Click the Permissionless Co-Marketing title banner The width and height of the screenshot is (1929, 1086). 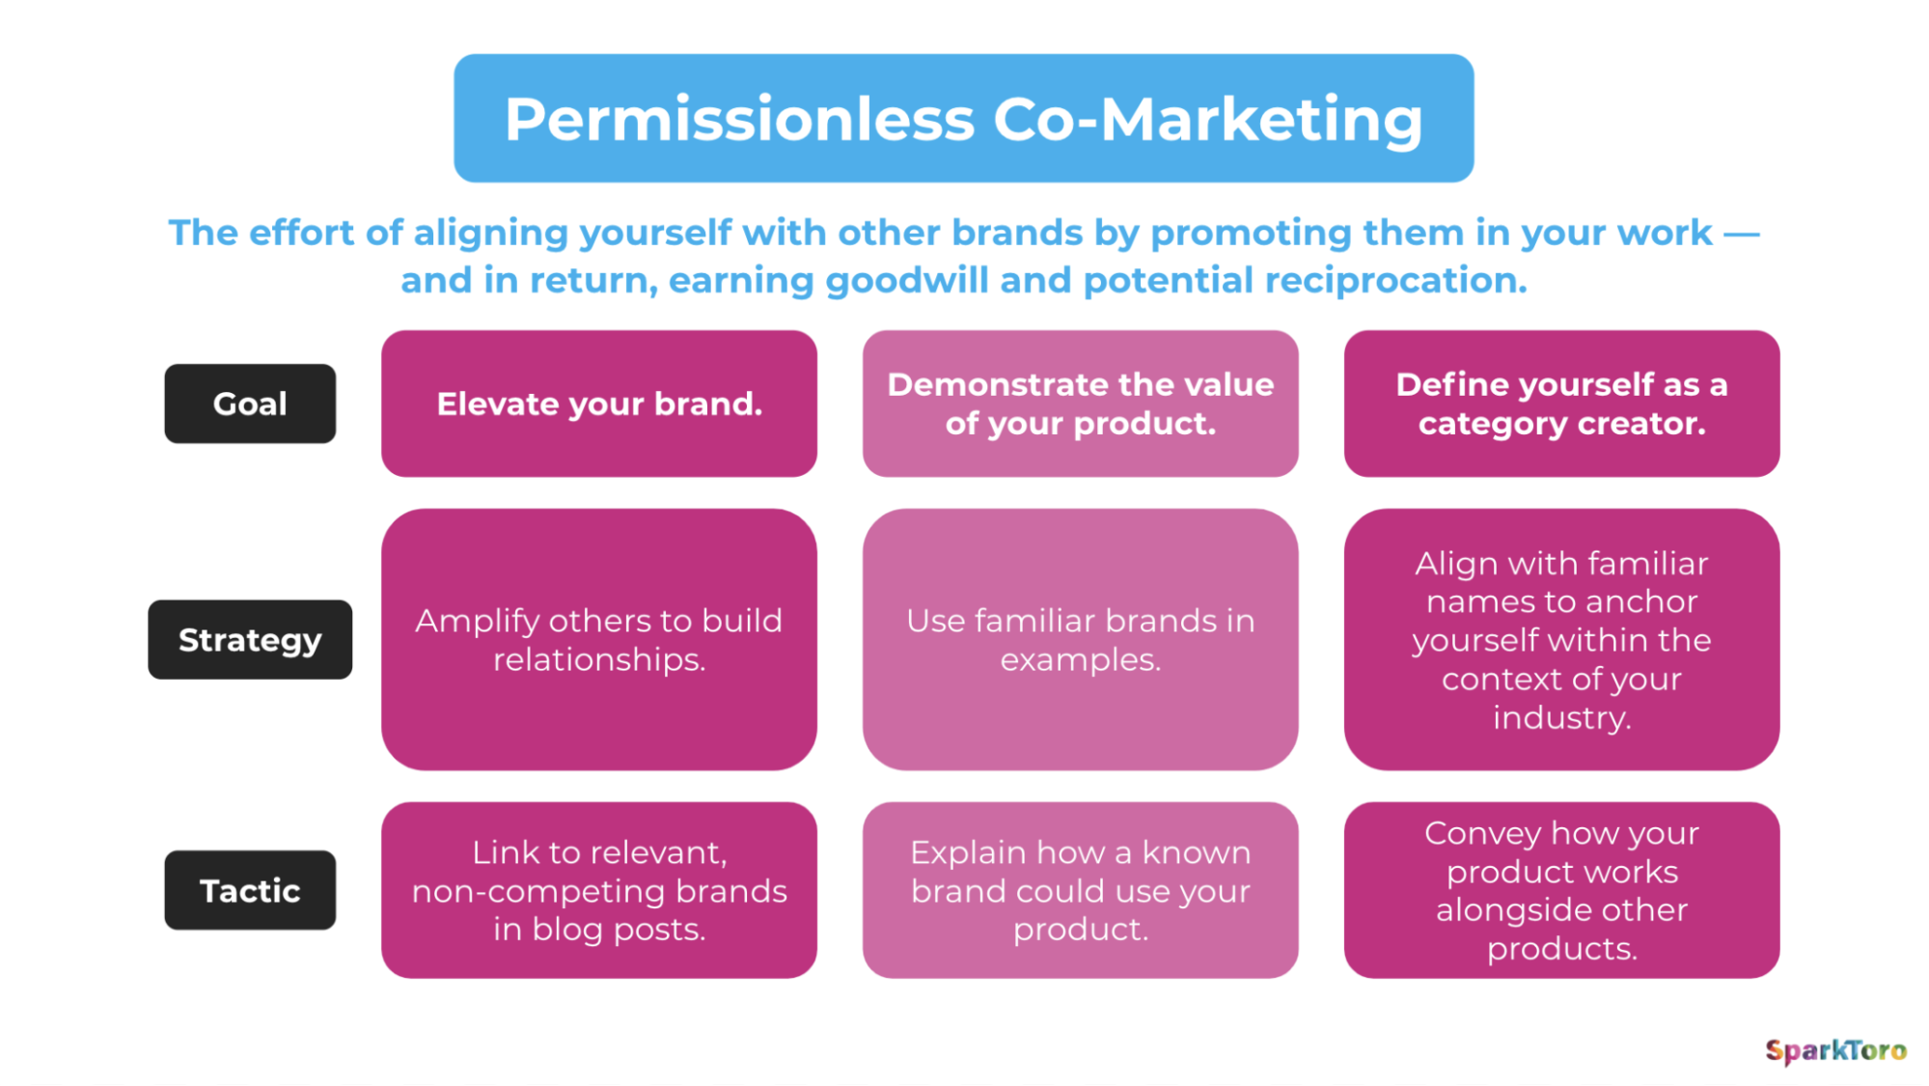[963, 118]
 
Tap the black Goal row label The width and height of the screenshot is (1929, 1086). [250, 404]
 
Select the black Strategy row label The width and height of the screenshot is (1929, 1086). [250, 639]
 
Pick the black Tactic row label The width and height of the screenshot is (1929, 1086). [250, 890]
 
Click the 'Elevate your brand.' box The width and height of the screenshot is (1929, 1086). [599, 404]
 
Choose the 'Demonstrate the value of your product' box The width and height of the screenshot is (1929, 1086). [1081, 404]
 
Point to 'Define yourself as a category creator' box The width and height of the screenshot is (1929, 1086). [1561, 404]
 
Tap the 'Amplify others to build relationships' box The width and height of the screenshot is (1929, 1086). [599, 639]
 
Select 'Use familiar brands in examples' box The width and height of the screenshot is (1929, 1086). [1081, 639]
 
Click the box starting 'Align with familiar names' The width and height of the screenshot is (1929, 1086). [1561, 639]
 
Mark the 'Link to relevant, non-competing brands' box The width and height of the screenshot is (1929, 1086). [599, 890]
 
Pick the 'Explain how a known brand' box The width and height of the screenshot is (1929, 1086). [1081, 890]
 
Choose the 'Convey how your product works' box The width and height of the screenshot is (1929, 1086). [1561, 890]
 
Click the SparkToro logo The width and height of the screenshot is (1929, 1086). [1835, 1050]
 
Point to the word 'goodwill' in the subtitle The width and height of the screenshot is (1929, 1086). [906, 282]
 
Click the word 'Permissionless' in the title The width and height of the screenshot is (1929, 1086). [740, 120]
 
